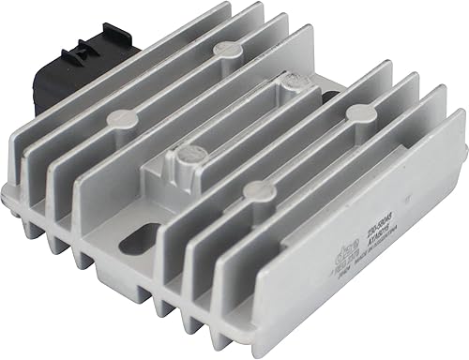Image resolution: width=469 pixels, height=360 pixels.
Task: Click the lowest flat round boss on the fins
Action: coord(250,190)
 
